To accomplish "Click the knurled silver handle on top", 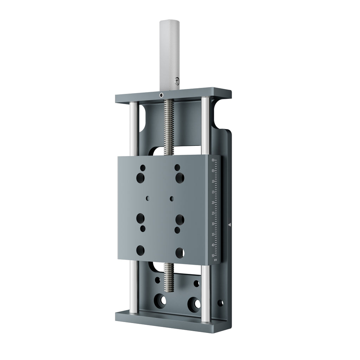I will [x=169, y=53].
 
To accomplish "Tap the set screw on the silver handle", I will [x=177, y=81].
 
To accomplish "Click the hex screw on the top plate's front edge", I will [x=161, y=95].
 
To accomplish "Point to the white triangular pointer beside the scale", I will [x=230, y=224].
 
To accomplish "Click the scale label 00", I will [x=213, y=160].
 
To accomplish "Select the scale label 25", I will [x=213, y=213].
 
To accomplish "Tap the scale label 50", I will [x=213, y=256].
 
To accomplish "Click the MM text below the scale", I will [x=216, y=260].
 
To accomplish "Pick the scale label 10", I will [x=213, y=181].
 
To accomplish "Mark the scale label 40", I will [x=213, y=245].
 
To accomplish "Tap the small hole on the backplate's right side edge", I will [x=220, y=303].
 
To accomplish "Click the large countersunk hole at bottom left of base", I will [x=161, y=301].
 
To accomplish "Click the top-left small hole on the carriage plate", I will [x=142, y=167].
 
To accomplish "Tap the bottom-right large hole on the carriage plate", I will [x=180, y=252].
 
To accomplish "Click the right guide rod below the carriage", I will [x=206, y=292].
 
